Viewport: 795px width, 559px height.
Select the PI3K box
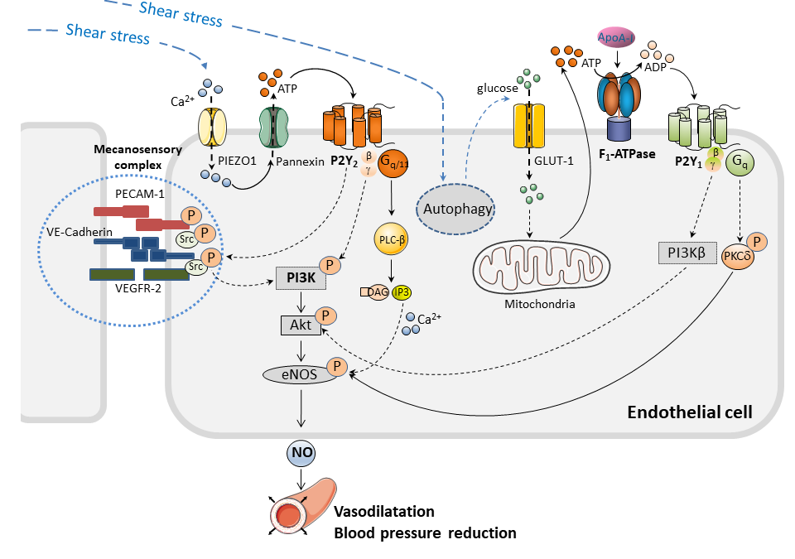pos(300,279)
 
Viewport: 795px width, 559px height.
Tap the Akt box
pos(300,325)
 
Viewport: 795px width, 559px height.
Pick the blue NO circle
pos(300,452)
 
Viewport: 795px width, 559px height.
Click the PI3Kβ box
pos(687,253)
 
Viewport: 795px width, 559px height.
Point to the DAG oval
pos(378,292)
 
